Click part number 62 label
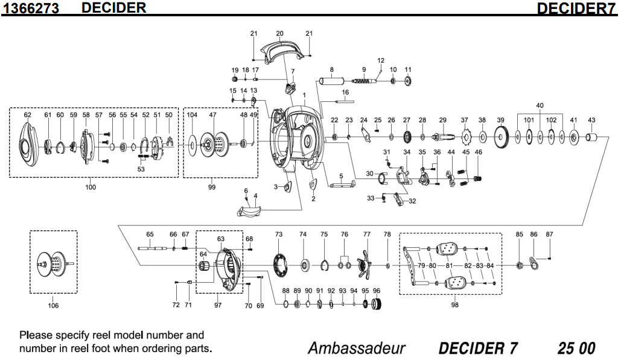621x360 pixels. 27,115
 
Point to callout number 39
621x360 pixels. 500,120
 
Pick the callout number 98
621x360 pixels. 454,305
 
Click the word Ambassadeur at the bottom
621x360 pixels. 356,349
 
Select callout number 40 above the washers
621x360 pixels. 540,106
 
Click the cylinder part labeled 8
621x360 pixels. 331,80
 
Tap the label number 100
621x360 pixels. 91,188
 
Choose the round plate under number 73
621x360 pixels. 279,264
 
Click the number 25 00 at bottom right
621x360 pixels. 576,349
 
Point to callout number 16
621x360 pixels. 346,92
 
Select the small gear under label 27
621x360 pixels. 407,137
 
